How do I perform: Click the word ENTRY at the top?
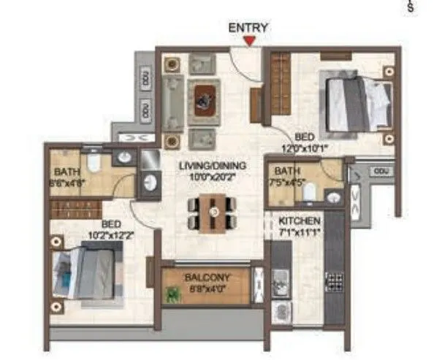pyautogui.click(x=248, y=28)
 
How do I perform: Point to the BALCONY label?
pyautogui.click(x=208, y=277)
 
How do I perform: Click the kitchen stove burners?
pyautogui.click(x=334, y=280)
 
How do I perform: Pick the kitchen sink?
pyautogui.click(x=281, y=280)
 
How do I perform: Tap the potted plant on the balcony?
pyautogui.click(x=173, y=294)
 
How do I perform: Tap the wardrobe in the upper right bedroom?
pyautogui.click(x=280, y=86)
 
